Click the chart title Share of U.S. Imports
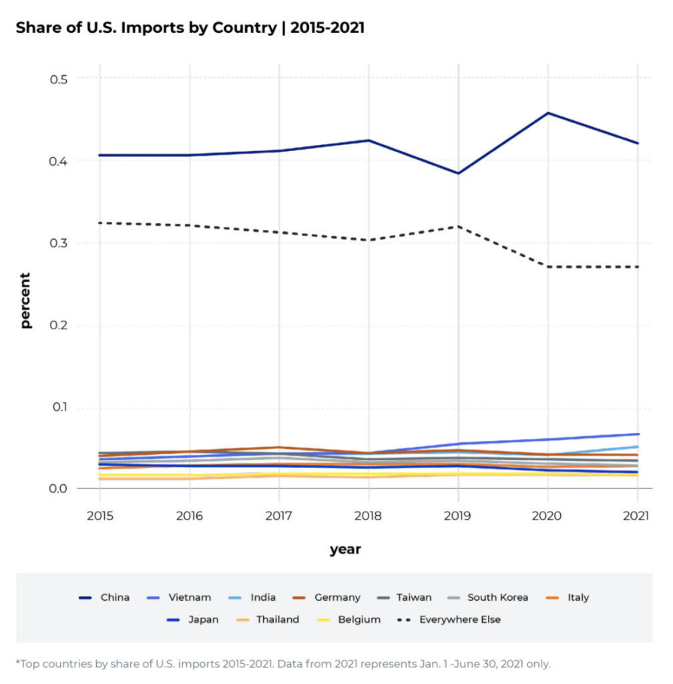click(x=190, y=28)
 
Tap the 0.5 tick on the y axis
click(x=59, y=78)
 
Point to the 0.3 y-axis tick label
click(x=59, y=243)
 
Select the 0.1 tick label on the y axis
click(x=59, y=408)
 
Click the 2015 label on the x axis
click(x=99, y=516)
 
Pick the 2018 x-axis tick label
click(x=368, y=516)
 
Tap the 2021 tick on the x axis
click(x=636, y=516)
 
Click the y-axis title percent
click(x=25, y=300)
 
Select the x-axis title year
click(x=345, y=550)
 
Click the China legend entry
click(x=115, y=597)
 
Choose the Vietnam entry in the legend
click(x=190, y=597)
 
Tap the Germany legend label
click(x=337, y=597)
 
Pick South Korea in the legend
click(x=497, y=597)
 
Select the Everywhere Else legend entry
click(x=459, y=619)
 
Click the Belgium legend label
click(x=359, y=619)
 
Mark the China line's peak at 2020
click(x=547, y=113)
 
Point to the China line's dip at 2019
click(x=458, y=173)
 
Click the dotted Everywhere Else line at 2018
click(x=368, y=240)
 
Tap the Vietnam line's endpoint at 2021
click(x=638, y=434)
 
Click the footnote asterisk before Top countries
click(x=18, y=663)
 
